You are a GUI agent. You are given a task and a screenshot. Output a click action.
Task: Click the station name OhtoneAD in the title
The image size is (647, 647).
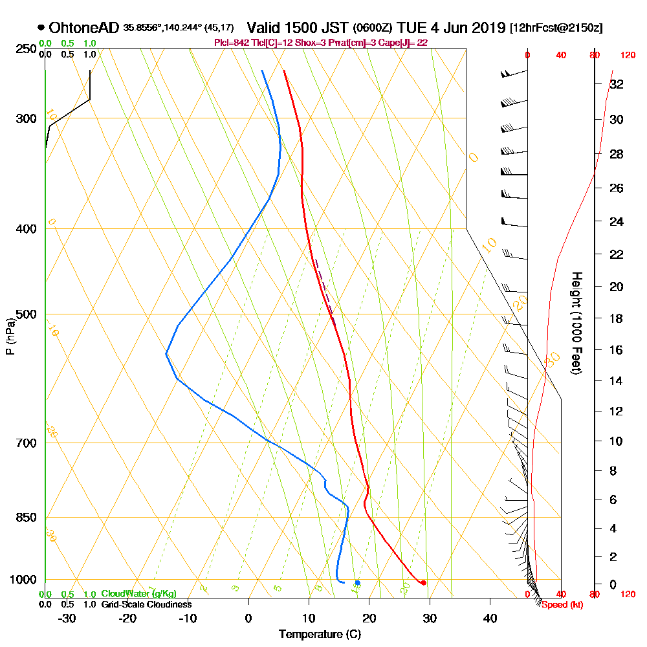(83, 28)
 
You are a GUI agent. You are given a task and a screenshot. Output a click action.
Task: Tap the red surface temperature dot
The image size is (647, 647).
(423, 583)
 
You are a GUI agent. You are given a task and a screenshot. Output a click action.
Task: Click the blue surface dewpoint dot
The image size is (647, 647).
(357, 583)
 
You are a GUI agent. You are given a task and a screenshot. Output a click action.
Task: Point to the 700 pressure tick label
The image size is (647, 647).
(27, 443)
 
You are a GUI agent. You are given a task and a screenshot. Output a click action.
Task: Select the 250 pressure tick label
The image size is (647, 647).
(27, 49)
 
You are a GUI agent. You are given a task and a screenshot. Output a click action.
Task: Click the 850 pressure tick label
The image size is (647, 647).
(27, 518)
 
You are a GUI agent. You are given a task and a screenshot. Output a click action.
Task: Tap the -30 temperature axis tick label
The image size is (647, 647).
(67, 618)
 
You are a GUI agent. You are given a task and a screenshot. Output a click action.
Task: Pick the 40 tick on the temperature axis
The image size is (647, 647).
(490, 618)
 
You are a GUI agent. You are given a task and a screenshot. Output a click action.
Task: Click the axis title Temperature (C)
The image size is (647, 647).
(320, 634)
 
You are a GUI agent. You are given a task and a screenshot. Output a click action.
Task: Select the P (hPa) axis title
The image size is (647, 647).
(10, 336)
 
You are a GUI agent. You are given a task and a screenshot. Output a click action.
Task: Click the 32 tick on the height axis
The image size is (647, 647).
(617, 84)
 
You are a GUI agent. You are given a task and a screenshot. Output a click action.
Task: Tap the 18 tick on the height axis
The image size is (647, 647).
(617, 318)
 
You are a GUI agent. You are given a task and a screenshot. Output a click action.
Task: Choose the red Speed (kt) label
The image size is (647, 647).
(559, 605)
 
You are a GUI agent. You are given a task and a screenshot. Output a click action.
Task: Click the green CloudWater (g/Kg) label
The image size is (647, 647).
(138, 594)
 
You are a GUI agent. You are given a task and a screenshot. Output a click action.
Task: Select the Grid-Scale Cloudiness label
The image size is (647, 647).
(146, 604)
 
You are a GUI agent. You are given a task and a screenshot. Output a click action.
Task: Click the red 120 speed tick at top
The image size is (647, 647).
(628, 56)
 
